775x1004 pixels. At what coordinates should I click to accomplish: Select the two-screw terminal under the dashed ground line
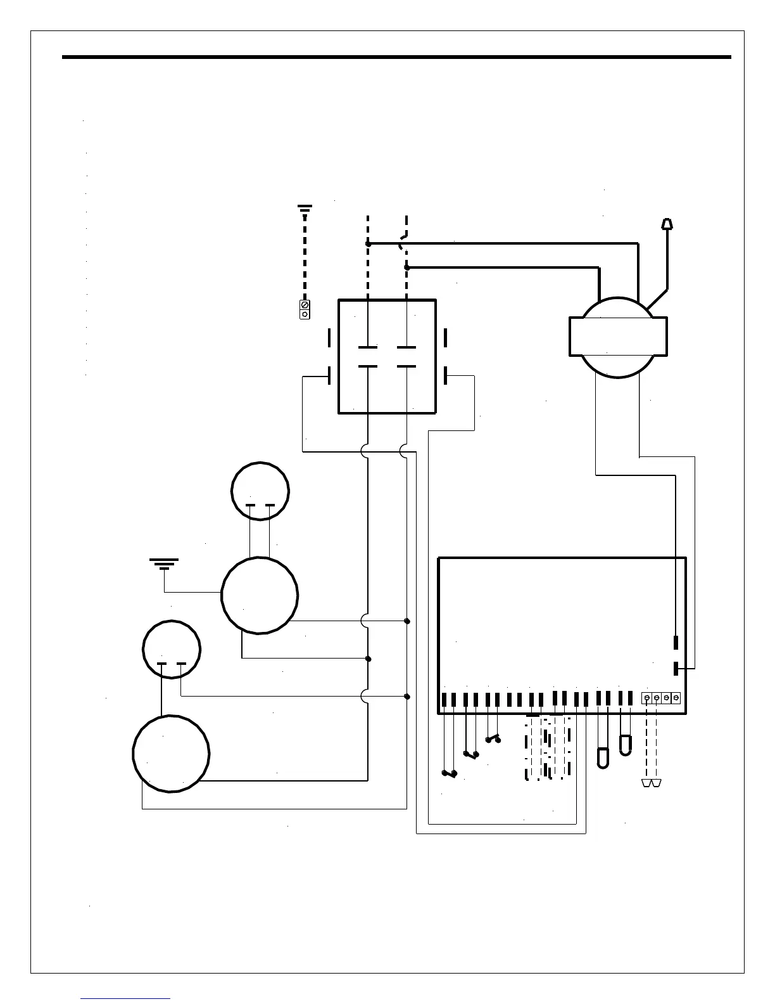pos(305,310)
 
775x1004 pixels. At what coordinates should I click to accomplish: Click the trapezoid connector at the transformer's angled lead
pos(667,223)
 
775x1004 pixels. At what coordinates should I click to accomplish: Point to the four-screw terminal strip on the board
pos(661,698)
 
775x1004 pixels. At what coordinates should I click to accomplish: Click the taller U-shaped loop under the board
pos(603,758)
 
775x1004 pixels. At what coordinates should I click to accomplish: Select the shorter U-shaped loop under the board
pos(625,745)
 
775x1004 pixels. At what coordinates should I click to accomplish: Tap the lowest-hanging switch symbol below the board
pos(450,774)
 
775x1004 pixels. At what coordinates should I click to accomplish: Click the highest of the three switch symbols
pos(493,738)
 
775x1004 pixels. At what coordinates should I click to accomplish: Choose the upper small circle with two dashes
pos(260,491)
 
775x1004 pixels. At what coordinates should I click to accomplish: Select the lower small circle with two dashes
pos(172,649)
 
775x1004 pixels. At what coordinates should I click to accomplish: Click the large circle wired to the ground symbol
pos(260,595)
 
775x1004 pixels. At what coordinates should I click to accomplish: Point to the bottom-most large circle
pos(171,754)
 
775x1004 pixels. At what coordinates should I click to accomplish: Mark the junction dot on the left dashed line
pos(368,243)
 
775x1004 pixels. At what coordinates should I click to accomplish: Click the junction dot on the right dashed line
pos(406,267)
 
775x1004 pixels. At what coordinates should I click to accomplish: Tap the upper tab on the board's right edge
pos(676,642)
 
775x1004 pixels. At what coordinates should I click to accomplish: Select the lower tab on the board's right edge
pos(676,668)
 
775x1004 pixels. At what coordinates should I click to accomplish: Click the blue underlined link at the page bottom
pos(125,998)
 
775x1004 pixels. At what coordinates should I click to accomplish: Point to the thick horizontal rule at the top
pos(396,57)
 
